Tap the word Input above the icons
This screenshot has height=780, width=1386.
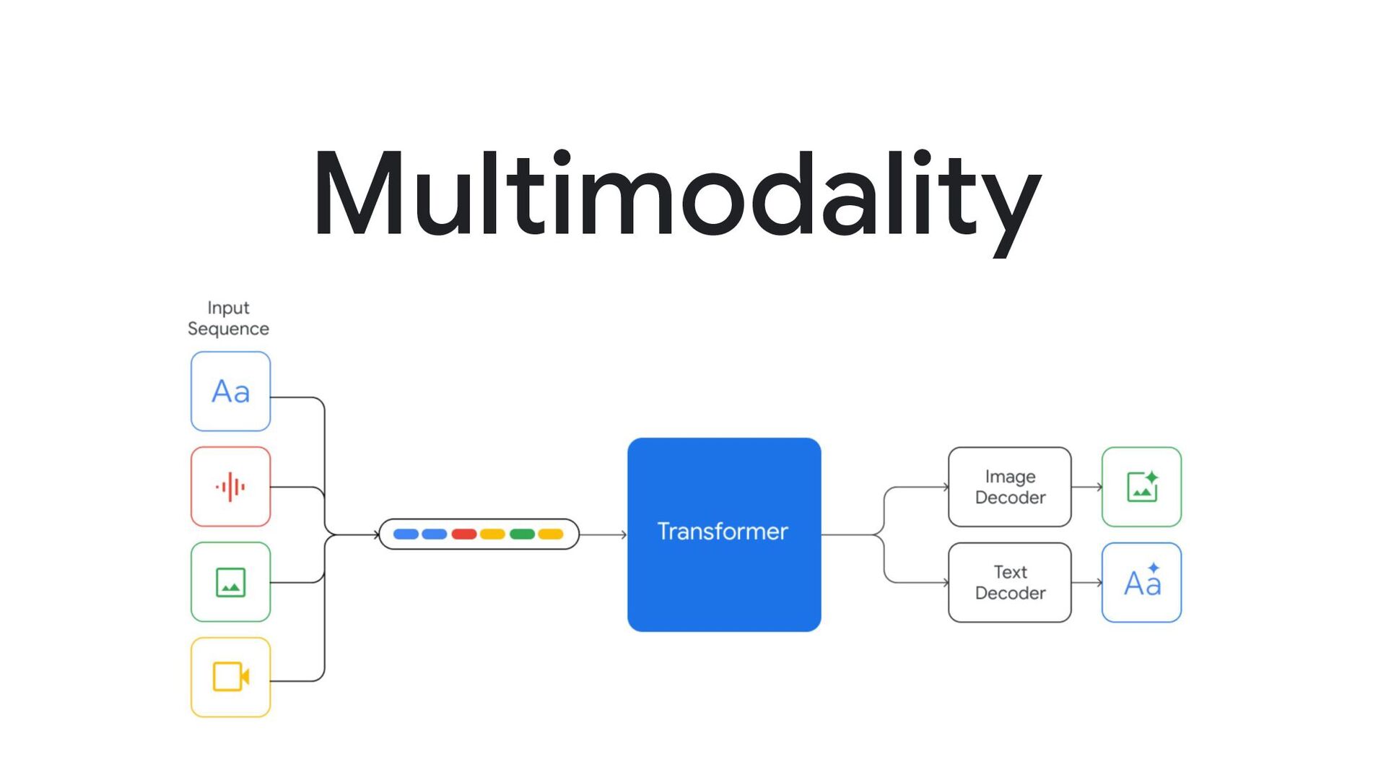pos(228,308)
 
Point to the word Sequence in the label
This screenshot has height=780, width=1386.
pos(228,329)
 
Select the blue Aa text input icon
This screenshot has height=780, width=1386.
pos(230,391)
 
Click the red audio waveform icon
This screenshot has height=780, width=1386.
pos(230,487)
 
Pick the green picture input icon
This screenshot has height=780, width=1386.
pos(230,582)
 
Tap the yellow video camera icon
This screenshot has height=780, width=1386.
pos(230,677)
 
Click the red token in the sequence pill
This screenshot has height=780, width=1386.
pos(463,534)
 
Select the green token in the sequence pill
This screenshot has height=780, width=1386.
pos(522,534)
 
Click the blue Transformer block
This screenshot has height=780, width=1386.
pos(724,534)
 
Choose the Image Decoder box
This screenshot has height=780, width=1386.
pos(1009,487)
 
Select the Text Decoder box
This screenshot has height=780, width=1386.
pos(1009,582)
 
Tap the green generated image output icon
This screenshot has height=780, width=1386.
pos(1141,487)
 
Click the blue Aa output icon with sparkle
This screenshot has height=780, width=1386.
pos(1141,582)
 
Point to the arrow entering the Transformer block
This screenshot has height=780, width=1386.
pos(603,534)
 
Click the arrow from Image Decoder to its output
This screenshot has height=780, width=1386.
pos(1086,487)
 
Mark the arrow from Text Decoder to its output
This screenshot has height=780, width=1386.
pos(1086,582)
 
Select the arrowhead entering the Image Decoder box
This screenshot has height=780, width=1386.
pos(945,487)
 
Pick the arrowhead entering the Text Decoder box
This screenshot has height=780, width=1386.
pos(945,582)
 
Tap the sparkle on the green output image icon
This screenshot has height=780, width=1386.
pos(1152,477)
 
